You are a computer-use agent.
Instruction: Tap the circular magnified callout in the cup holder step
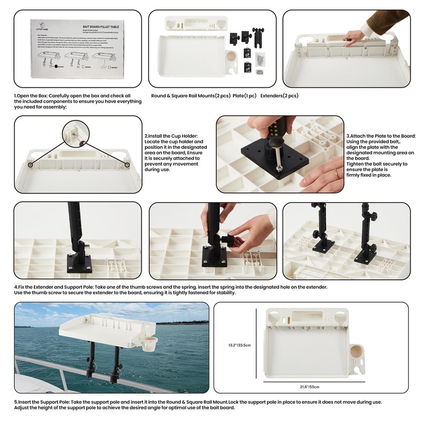point(77,135)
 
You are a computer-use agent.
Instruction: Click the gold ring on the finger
point(337,173)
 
